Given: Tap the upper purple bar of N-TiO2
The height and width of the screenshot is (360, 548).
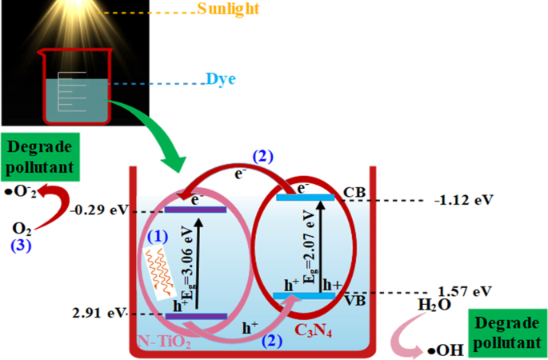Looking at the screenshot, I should pyautogui.click(x=196, y=210).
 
